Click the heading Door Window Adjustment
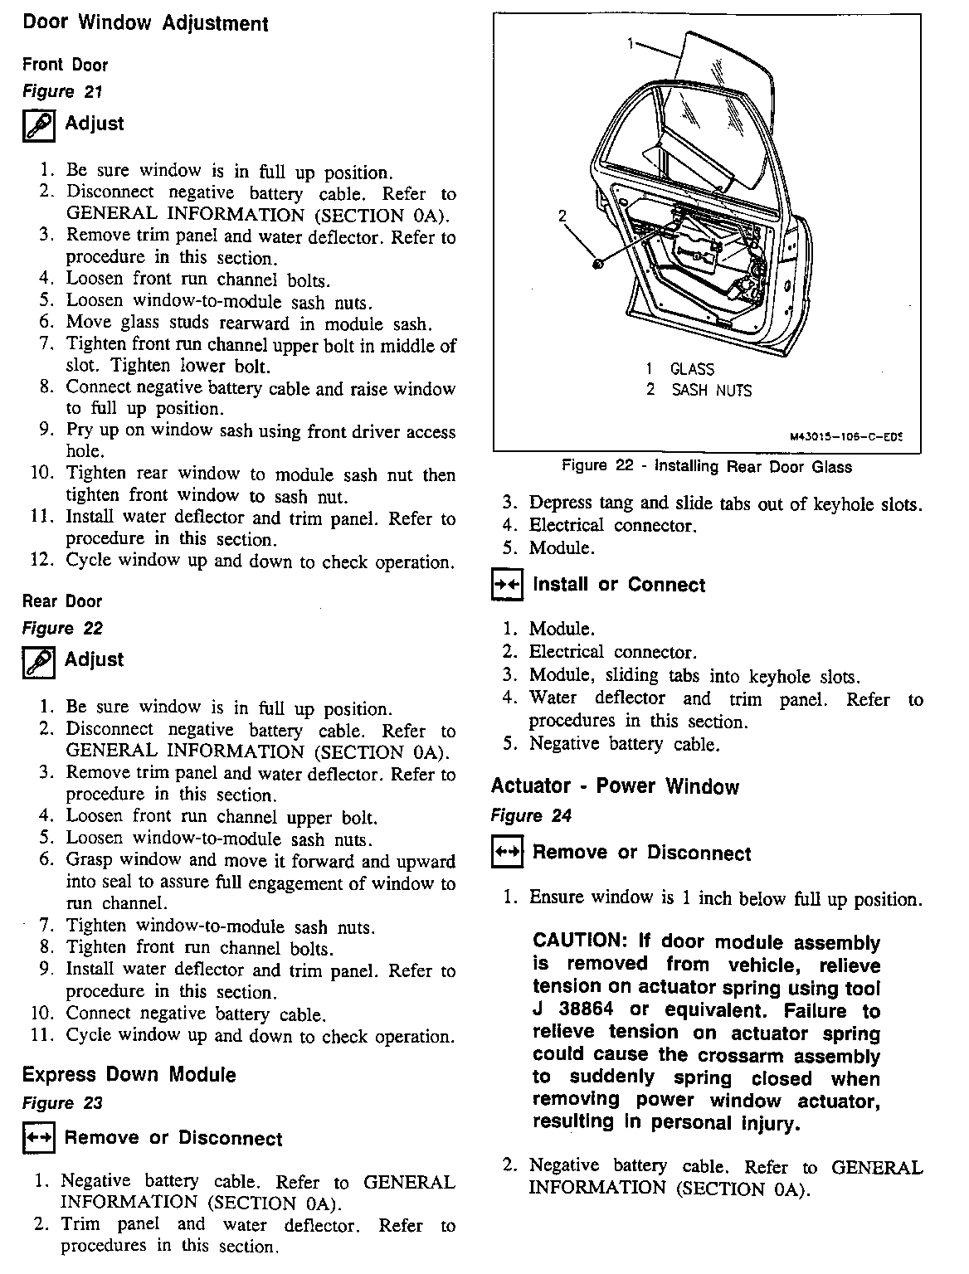(x=145, y=23)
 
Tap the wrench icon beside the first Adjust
(x=38, y=126)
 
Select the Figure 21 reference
(x=62, y=92)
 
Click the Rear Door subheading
(x=62, y=601)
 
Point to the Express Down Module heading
(x=129, y=1075)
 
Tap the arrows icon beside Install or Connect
(x=506, y=586)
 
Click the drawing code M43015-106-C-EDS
(x=845, y=435)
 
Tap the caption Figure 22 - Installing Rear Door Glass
(x=707, y=466)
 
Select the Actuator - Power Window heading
(x=615, y=785)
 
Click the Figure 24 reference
(x=531, y=815)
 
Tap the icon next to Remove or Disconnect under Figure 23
(x=38, y=1139)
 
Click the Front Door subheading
(x=66, y=65)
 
